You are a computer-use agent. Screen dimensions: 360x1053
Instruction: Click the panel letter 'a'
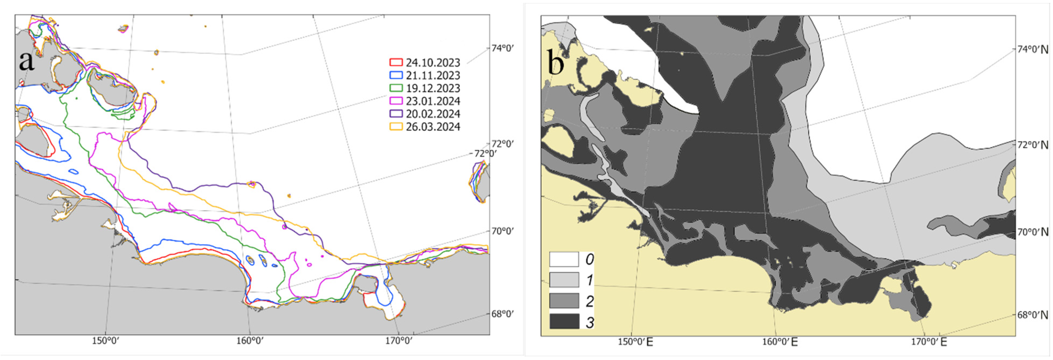(x=27, y=61)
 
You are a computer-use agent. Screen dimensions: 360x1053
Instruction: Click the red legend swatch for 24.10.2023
(x=396, y=62)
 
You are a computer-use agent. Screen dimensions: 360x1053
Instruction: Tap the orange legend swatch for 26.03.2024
(x=396, y=127)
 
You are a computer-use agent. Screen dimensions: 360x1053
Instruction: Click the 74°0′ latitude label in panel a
(x=502, y=48)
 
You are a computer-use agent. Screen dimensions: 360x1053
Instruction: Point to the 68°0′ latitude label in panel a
(x=502, y=314)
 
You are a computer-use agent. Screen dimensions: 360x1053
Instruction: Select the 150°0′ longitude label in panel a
(x=106, y=341)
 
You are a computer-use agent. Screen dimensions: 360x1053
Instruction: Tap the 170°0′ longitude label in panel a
(x=399, y=341)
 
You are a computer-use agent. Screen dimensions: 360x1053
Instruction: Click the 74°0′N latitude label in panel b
(x=1033, y=50)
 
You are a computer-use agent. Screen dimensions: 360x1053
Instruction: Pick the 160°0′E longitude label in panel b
(x=779, y=342)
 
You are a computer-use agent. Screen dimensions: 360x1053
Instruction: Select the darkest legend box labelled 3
(x=564, y=321)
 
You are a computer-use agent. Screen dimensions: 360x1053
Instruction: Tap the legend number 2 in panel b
(x=589, y=301)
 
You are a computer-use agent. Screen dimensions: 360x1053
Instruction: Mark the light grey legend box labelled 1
(x=564, y=280)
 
